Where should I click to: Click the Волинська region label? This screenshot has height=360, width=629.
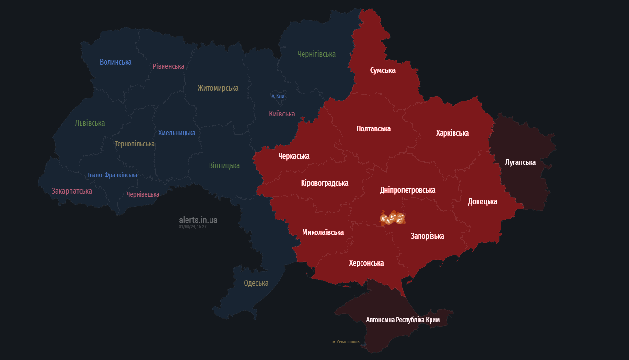(x=116, y=62)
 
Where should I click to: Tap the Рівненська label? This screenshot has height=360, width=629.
(x=168, y=66)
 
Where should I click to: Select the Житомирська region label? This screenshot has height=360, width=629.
(x=218, y=88)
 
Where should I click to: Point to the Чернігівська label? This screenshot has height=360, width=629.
(x=316, y=54)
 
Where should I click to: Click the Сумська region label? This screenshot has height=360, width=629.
(x=383, y=70)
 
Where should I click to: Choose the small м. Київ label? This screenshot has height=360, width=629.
(x=278, y=96)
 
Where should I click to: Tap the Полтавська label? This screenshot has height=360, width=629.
(x=373, y=128)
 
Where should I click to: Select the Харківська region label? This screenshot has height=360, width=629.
(x=452, y=133)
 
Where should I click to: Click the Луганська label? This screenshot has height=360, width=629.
(x=520, y=163)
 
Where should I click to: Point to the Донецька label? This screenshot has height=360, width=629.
(x=482, y=201)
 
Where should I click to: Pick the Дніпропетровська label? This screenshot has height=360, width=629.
(x=408, y=190)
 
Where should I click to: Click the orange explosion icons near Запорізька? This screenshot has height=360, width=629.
(x=392, y=218)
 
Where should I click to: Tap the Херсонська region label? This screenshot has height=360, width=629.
(x=366, y=263)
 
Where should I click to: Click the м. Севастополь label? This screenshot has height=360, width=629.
(x=346, y=342)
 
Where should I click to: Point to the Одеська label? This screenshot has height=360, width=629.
(x=256, y=283)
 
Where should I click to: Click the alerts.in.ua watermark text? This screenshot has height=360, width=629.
(x=198, y=220)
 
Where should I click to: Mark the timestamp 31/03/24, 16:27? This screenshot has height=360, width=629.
(x=193, y=227)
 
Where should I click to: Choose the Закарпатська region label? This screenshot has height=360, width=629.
(x=72, y=191)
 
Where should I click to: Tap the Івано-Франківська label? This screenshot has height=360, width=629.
(x=113, y=175)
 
